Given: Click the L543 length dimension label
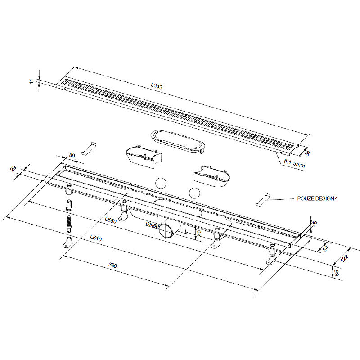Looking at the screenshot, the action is click(x=157, y=85).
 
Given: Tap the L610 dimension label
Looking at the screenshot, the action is click(x=96, y=238).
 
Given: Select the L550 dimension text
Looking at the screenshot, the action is click(x=111, y=220).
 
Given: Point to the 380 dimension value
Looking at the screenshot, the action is click(x=113, y=265).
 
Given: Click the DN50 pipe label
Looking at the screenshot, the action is click(x=152, y=225).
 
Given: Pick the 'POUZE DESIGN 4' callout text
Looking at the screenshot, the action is click(x=318, y=198).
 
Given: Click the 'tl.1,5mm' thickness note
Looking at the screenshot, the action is click(x=294, y=163).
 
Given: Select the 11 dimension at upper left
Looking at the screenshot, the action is click(x=31, y=81).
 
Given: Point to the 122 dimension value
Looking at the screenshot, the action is click(x=345, y=257).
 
